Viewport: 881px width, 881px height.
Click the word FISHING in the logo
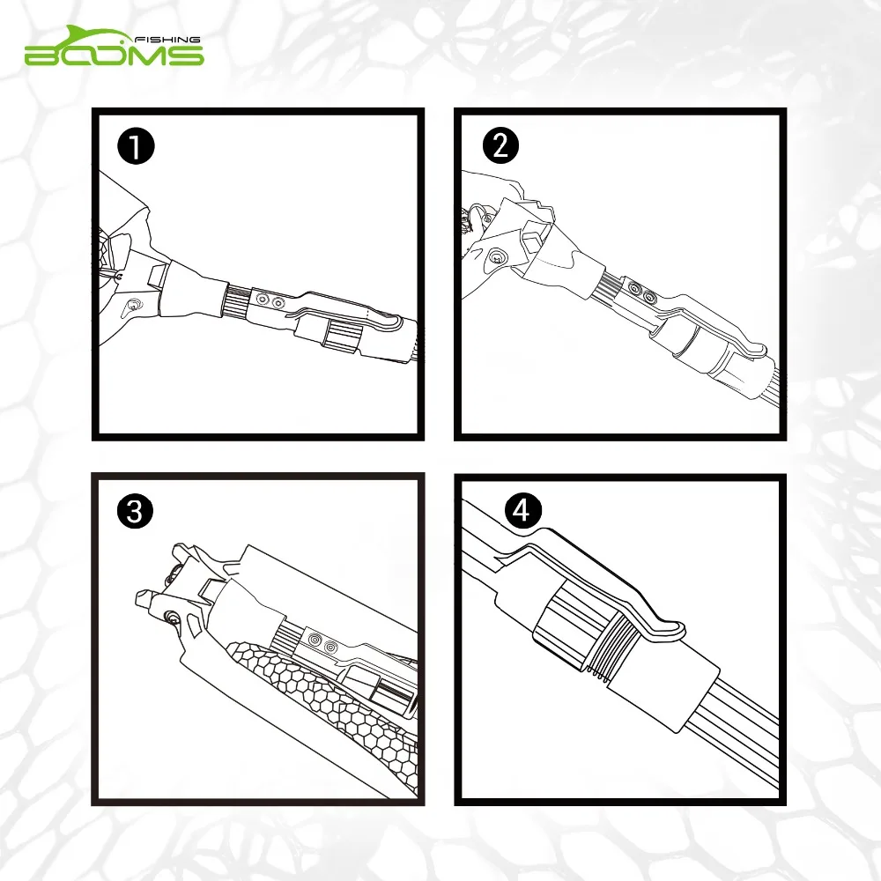coord(168,40)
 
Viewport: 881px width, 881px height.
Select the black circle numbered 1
coord(136,146)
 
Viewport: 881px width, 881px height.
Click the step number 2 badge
coord(500,145)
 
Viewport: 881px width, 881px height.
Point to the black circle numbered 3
coord(135,511)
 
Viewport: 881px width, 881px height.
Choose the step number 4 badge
coord(522,510)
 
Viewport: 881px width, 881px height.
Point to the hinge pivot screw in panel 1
coord(134,305)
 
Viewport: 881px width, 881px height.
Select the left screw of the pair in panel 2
coord(635,289)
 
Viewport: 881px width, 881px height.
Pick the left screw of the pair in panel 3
coord(315,640)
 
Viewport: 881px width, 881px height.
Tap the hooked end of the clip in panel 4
coord(671,629)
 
